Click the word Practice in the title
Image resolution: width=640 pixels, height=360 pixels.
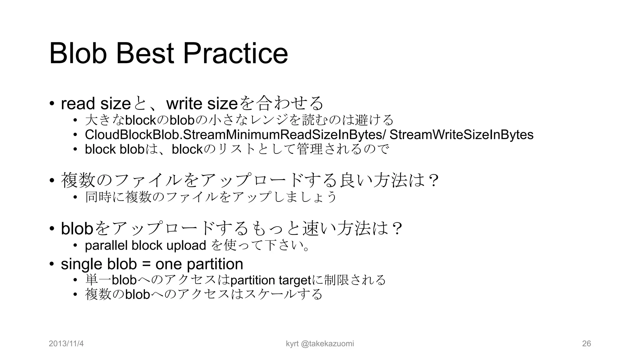235,54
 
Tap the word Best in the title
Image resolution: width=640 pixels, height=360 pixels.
145,54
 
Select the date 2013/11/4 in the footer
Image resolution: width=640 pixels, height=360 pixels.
66,344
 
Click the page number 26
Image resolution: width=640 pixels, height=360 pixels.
587,344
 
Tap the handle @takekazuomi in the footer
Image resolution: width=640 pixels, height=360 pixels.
327,344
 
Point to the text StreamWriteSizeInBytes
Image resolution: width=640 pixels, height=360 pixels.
461,135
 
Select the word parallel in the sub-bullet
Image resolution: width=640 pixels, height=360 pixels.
106,246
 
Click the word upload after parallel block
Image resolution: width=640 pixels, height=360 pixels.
186,246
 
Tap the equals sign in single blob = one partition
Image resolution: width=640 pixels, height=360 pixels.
146,264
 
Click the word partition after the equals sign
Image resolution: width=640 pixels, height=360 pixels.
215,264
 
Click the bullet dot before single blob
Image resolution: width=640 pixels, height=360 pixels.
52,264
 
